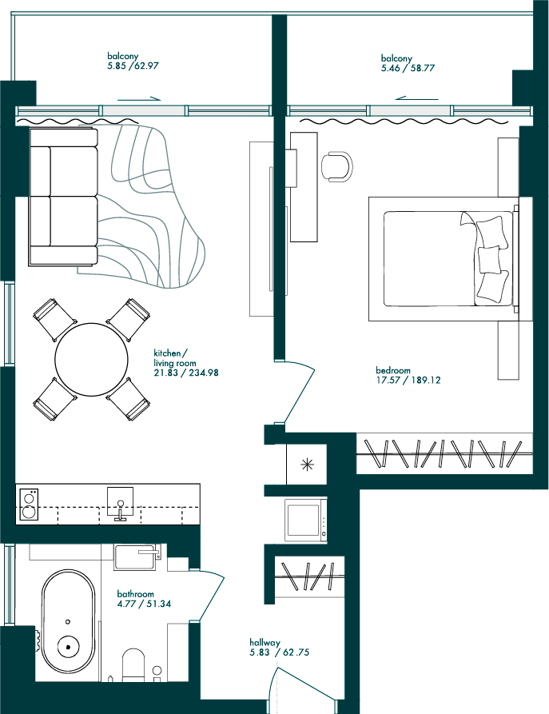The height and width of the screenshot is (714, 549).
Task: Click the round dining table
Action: [91, 359]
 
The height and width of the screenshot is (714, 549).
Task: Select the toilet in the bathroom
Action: [133, 665]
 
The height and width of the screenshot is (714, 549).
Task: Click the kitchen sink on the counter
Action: [121, 503]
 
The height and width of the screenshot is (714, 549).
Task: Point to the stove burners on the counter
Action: [29, 504]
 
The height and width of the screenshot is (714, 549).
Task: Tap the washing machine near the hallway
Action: [306, 520]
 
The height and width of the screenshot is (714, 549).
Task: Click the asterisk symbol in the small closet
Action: [308, 465]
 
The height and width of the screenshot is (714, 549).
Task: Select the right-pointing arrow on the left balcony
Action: [139, 99]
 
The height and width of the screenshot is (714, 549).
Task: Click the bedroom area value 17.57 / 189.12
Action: [408, 380]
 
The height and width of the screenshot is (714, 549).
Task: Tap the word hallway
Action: [265, 643]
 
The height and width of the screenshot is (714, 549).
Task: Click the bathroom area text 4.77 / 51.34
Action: [144, 604]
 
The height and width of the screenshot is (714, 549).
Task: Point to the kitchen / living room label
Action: [175, 358]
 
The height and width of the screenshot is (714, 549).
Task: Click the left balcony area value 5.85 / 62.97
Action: [133, 66]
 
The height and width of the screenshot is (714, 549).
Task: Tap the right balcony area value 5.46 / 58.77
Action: [408, 68]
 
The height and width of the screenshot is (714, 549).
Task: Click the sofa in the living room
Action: [63, 196]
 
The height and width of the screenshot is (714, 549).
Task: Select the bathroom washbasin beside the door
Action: [137, 556]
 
